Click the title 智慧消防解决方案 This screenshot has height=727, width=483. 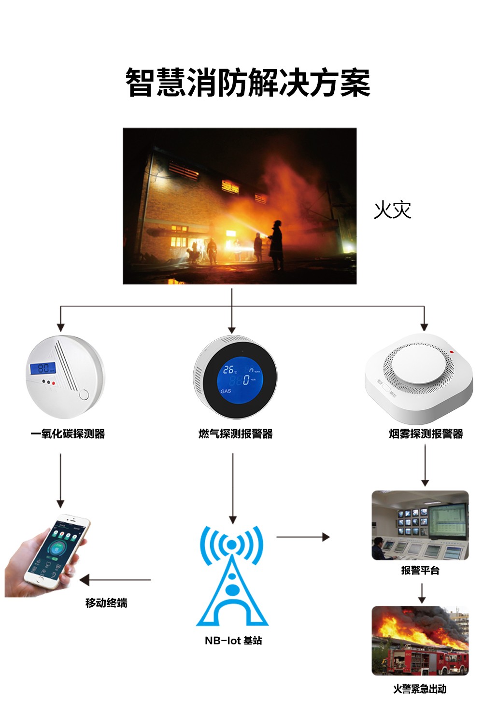point(247,83)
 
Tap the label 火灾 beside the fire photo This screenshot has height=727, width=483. point(392,210)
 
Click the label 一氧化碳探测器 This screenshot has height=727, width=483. point(68,433)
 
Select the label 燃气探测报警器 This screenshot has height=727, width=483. point(236,433)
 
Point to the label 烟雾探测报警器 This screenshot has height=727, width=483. point(426,433)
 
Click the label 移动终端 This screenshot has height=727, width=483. point(106,602)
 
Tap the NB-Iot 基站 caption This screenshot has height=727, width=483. point(233,641)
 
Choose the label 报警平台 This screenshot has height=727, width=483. point(420,570)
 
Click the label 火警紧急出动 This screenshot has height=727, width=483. point(420,689)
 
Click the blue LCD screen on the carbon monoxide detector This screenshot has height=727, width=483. point(43,368)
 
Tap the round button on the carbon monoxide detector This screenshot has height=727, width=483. point(84,395)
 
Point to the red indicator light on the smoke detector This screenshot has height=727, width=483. point(452,351)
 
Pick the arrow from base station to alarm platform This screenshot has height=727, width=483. point(303,537)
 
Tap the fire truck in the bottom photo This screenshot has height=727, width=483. point(425,660)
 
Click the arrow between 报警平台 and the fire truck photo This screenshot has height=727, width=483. point(422,593)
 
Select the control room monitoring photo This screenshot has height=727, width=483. point(420,525)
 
